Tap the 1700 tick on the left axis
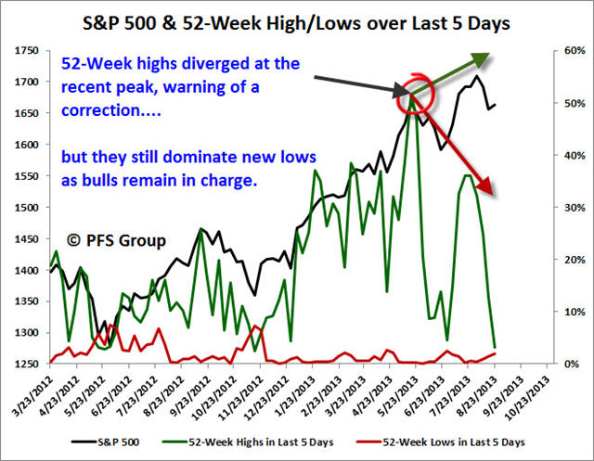[29, 83]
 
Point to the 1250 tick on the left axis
[29, 364]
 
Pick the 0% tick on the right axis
[564, 364]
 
